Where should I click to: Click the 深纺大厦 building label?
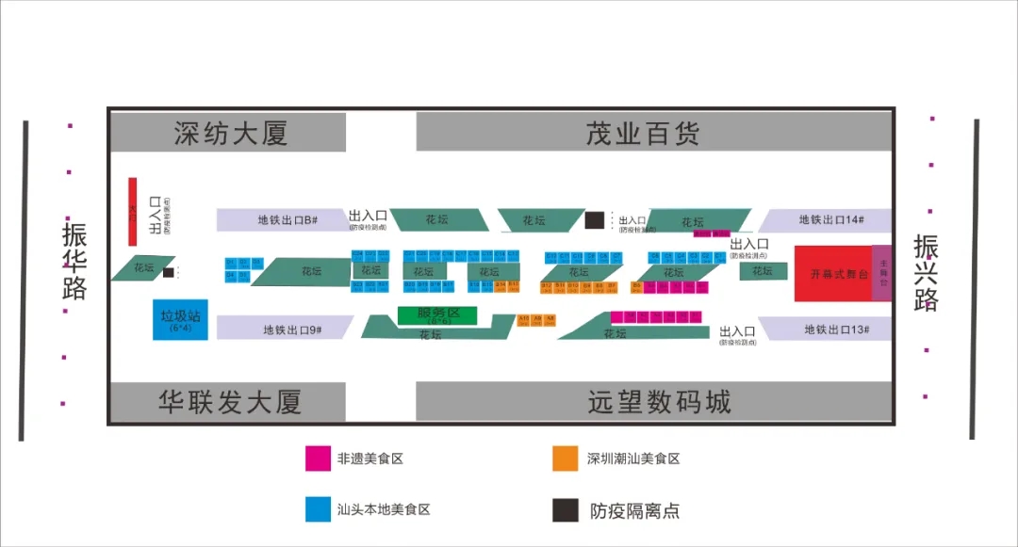(230, 133)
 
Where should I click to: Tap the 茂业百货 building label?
(643, 133)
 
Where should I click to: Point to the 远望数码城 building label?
(659, 403)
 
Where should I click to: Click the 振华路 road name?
(74, 261)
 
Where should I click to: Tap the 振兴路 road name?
(926, 273)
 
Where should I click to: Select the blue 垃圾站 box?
(180, 320)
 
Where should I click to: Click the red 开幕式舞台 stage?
(832, 274)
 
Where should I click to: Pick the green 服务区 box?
(437, 315)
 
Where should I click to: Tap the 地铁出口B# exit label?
(287, 220)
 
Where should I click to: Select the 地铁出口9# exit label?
(292, 330)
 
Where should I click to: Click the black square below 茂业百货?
(594, 220)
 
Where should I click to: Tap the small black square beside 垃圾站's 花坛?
(168, 273)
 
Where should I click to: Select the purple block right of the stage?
(882, 274)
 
